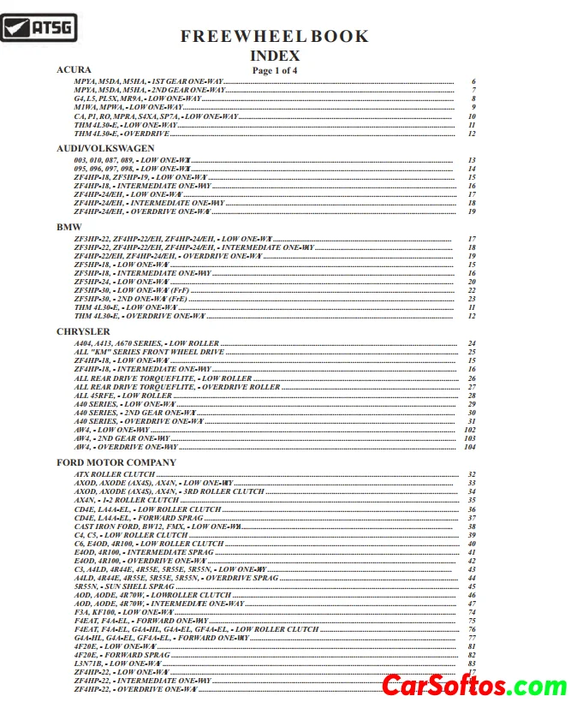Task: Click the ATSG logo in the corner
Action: pos(39,28)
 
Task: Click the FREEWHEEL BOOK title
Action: pos(274,36)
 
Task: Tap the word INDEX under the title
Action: pos(274,56)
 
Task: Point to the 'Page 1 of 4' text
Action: pos(274,70)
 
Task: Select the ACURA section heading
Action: pos(74,68)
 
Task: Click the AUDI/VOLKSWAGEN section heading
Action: pos(105,148)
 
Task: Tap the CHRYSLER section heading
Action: pos(83,331)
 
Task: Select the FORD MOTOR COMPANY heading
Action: pos(116,462)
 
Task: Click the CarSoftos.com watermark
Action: pos(473,686)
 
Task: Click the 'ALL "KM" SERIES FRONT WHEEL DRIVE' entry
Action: pos(149,352)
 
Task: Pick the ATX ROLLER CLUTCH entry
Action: pos(115,474)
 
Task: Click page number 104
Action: pos(469,447)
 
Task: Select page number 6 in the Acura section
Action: pos(473,81)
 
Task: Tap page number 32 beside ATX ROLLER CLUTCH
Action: pos(471,474)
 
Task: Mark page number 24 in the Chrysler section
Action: pos(471,343)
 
